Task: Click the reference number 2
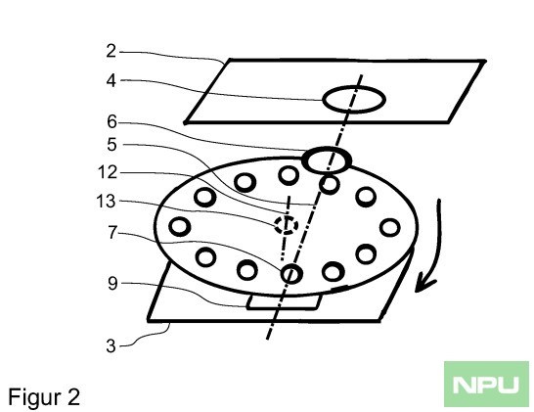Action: tap(111, 52)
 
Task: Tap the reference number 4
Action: tap(111, 81)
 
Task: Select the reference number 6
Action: tap(111, 121)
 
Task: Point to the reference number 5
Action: tap(111, 145)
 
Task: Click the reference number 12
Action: tap(108, 172)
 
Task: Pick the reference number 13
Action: tap(107, 202)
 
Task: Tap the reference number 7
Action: tap(112, 233)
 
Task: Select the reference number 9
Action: tap(112, 284)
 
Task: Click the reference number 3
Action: tap(111, 346)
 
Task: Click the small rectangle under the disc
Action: tap(284, 308)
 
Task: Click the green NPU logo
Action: tap(486, 384)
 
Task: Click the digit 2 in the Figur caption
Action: tap(74, 396)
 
